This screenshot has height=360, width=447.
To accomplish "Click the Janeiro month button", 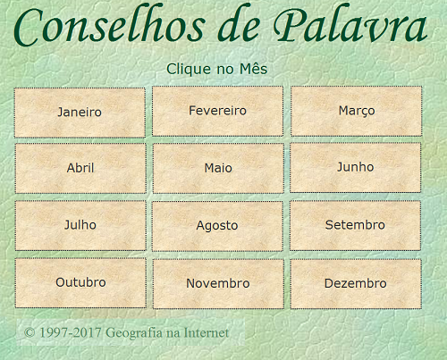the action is pyautogui.click(x=80, y=113).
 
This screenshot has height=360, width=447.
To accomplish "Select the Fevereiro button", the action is pyautogui.click(x=218, y=111).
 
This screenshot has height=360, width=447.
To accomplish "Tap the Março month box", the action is pyautogui.click(x=357, y=111).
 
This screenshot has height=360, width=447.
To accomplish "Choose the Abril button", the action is pyautogui.click(x=80, y=168).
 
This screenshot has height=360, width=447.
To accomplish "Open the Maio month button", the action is pyautogui.click(x=218, y=168).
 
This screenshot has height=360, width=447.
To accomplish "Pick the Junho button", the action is pyautogui.click(x=355, y=167).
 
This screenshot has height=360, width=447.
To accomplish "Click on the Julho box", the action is pyautogui.click(x=80, y=225).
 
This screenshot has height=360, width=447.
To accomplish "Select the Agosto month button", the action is pyautogui.click(x=217, y=226).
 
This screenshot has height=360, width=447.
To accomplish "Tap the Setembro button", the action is pyautogui.click(x=355, y=225).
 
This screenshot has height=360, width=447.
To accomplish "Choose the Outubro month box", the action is pyautogui.click(x=80, y=283).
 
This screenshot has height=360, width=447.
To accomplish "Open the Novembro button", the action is pyautogui.click(x=218, y=284).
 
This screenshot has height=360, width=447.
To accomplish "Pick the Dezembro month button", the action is pyautogui.click(x=356, y=284).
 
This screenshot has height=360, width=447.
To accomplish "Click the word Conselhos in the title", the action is pyautogui.click(x=110, y=25).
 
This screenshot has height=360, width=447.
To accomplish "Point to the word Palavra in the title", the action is pyautogui.click(x=350, y=24).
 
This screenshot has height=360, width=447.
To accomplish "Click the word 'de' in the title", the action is pyautogui.click(x=239, y=25).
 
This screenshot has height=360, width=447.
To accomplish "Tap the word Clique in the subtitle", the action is pyautogui.click(x=189, y=70).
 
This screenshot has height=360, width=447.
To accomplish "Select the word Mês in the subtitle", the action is pyautogui.click(x=254, y=69).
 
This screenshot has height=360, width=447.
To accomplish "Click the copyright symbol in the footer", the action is pyautogui.click(x=30, y=332).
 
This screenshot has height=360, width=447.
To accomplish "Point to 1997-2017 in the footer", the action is pyautogui.click(x=71, y=332).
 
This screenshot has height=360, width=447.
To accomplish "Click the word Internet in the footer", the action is pyautogui.click(x=207, y=332).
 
